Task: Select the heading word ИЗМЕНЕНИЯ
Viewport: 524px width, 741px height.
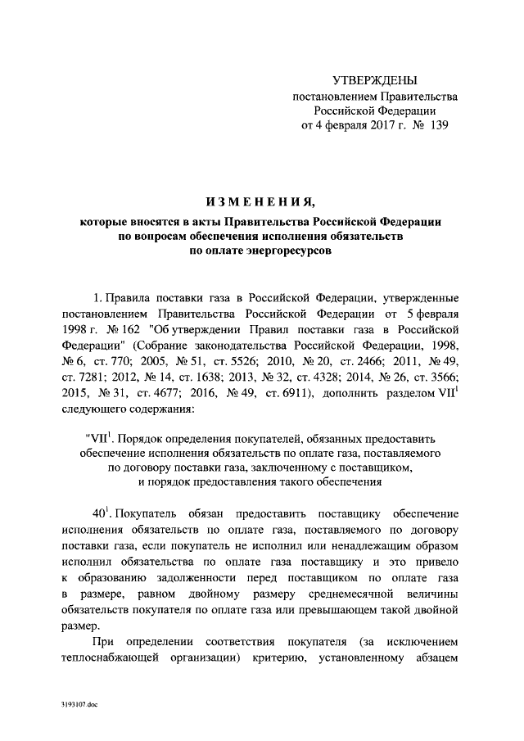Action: pyautogui.click(x=261, y=201)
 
